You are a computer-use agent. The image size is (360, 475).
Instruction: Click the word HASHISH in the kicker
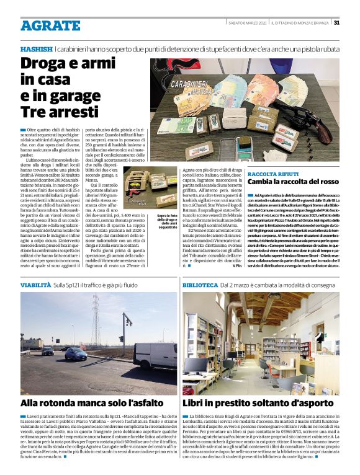[36, 48]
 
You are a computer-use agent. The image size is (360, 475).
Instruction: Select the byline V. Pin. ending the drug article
[235, 266]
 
